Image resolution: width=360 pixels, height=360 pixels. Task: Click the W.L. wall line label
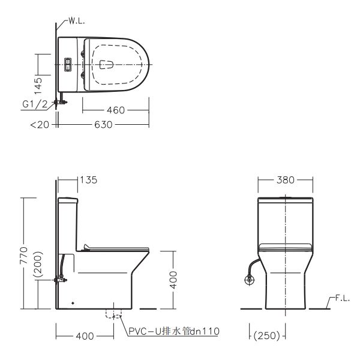[77, 22]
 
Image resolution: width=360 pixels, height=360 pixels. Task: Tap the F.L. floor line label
[343, 298]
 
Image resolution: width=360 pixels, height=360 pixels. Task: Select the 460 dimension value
[116, 110]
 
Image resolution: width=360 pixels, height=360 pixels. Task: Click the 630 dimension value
[103, 125]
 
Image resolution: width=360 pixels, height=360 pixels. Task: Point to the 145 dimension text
[38, 86]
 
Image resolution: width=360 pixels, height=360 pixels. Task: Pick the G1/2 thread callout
[35, 104]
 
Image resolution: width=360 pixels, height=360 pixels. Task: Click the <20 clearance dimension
[40, 125]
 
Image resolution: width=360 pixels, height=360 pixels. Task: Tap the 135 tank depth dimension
[89, 180]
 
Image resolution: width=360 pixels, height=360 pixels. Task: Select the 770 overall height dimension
[23, 255]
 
